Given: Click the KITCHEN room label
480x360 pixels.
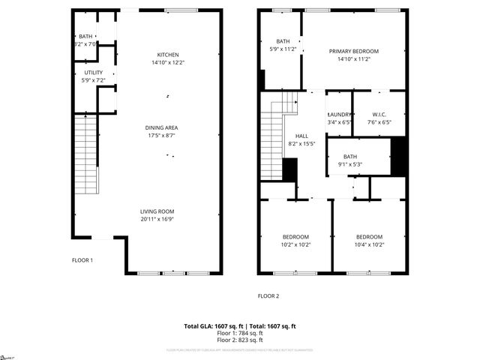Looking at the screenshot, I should [167, 55].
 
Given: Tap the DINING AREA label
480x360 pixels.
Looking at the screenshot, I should [161, 127].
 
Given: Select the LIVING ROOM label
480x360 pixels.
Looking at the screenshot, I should [161, 211].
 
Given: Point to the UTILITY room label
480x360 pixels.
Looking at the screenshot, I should [94, 73].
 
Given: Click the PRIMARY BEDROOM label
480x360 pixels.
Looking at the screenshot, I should [354, 51].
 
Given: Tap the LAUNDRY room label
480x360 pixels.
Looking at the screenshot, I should [339, 115].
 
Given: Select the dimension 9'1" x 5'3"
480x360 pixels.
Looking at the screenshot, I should [350, 164].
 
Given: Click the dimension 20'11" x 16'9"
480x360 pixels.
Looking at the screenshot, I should [161, 219].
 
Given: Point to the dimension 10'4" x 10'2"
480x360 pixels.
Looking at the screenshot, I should [369, 244].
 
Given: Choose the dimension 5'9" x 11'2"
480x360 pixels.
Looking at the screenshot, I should [283, 49].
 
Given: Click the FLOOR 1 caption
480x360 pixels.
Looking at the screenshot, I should [82, 260].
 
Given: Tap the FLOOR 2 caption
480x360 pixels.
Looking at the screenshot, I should [268, 295].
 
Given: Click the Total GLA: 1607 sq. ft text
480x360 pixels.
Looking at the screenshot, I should [214, 326].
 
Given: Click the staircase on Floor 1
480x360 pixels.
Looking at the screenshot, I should [88, 154].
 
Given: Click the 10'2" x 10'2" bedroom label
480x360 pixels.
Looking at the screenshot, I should [296, 244].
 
